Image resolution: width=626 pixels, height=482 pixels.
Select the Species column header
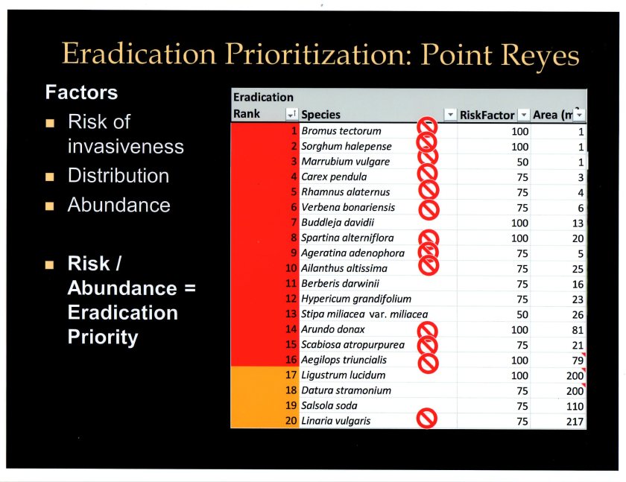[320, 115]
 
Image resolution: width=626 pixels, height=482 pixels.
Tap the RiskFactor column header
[487, 115]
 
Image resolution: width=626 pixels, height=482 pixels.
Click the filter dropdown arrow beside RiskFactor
[523, 115]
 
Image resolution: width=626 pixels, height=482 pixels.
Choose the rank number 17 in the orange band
[291, 375]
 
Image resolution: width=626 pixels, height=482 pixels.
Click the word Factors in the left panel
[81, 92]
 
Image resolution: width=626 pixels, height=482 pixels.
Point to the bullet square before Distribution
[50, 177]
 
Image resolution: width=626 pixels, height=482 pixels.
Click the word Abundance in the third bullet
[118, 206]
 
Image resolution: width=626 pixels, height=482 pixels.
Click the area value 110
[575, 406]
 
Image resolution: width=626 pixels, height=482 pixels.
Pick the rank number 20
[291, 421]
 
